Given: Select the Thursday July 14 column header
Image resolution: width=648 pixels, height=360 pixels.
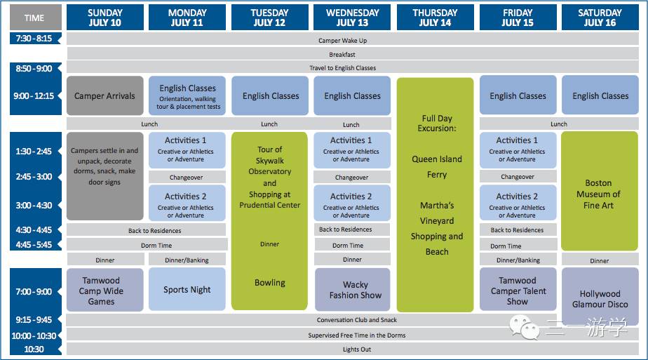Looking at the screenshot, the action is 435,18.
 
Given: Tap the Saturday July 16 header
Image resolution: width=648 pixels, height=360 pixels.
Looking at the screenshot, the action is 600,18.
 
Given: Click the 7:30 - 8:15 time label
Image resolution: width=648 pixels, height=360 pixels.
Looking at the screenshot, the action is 34,39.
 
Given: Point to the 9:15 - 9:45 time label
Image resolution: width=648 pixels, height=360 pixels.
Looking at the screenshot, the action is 34,319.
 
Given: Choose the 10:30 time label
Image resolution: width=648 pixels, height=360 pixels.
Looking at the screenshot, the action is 34,349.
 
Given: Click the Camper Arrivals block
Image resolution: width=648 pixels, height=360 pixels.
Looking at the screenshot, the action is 105,95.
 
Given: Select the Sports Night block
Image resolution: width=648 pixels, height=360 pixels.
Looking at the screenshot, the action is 187,289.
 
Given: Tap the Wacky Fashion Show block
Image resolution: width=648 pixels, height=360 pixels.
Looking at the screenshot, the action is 353,289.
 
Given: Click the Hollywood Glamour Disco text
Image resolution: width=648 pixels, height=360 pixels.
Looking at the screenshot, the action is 600,299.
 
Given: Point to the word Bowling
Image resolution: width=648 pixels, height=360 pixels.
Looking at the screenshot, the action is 269,283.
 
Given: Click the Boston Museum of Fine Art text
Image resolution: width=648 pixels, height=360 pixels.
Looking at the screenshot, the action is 598,194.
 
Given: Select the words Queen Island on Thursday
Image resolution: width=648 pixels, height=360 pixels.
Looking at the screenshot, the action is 437,159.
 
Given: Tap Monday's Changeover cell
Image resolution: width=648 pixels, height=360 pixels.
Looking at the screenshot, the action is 187,177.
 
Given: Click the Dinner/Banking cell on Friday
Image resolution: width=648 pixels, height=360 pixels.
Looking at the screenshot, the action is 518,260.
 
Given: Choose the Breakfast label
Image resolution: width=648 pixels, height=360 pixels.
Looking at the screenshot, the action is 342,54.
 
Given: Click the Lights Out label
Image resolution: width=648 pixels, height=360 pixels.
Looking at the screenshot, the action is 357,349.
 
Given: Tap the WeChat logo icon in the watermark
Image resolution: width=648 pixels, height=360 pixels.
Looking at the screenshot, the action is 525,327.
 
